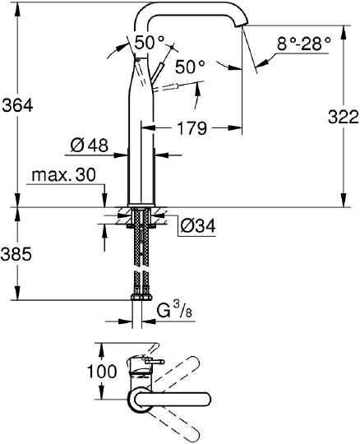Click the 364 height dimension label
click(17, 105)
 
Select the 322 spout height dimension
click(344, 117)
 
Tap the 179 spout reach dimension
click(192, 128)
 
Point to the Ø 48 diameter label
click(89, 146)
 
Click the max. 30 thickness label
click(64, 175)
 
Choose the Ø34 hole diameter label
click(198, 225)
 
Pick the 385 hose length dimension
click(16, 254)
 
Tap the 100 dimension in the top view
click(102, 371)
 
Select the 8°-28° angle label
click(303, 44)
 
